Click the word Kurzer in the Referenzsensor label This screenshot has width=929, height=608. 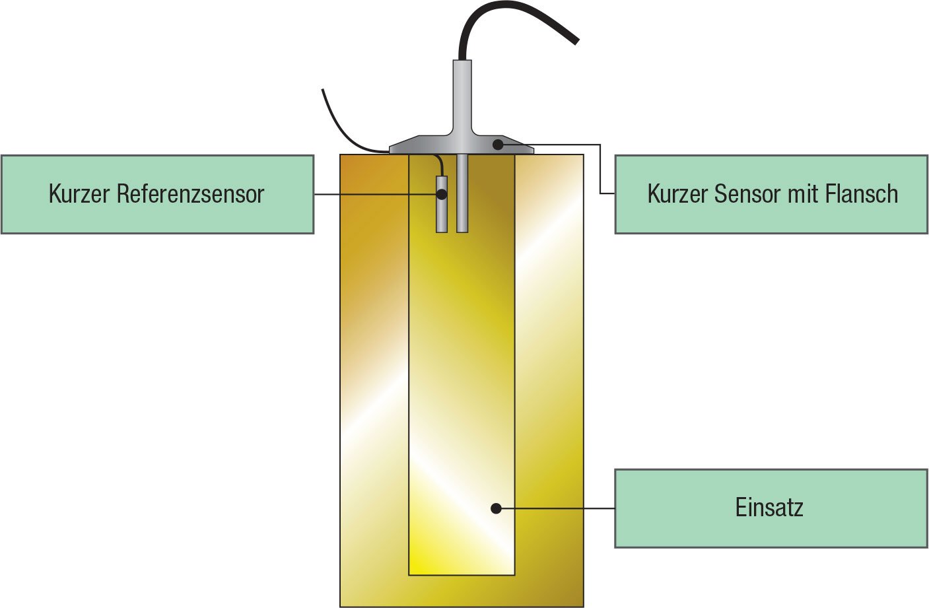click(79, 193)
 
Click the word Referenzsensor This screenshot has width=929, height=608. click(190, 193)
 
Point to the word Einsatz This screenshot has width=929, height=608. click(769, 507)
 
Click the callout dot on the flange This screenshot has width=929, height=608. click(498, 145)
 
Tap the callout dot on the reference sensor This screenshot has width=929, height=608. click(442, 194)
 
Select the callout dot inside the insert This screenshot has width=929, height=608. click(496, 508)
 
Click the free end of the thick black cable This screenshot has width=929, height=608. click(576, 41)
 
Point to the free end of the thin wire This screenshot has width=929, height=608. click(322, 89)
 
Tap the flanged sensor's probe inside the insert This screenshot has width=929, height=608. click(462, 193)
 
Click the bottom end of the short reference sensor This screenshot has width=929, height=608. click(442, 232)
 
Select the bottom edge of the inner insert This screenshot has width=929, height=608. click(462, 575)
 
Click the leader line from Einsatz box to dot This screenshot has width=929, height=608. click(555, 508)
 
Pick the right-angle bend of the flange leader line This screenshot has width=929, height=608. click(600, 145)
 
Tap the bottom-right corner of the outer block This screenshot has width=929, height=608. click(584, 607)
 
